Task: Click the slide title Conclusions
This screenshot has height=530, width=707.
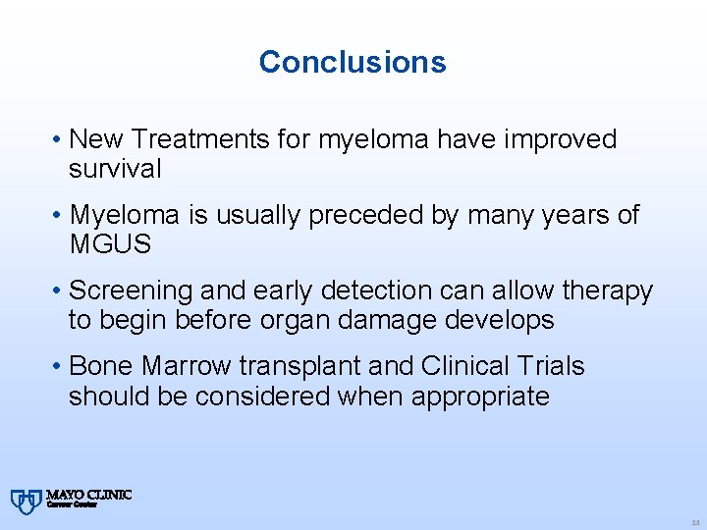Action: pos(353,62)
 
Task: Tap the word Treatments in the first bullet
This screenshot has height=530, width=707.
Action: pos(202,140)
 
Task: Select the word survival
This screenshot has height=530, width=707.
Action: pos(115,170)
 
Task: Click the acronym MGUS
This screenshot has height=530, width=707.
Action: pos(111,245)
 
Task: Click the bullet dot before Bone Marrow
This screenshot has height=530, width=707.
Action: pos(59,367)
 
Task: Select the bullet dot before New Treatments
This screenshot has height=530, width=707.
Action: pos(59,140)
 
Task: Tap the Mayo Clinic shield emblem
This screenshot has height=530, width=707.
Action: pos(25,502)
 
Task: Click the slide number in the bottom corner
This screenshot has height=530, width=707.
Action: pos(693,522)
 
